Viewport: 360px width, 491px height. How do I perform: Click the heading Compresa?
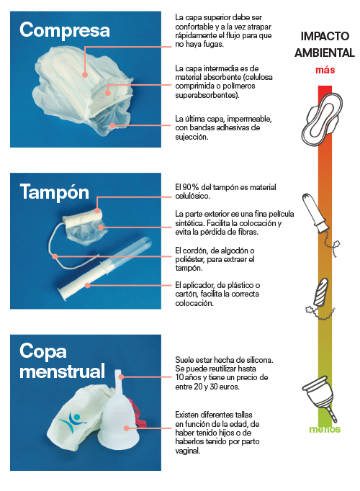[x=65, y=30]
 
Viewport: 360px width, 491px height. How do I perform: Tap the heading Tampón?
[x=54, y=192]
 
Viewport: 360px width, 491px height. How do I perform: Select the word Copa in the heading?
[x=43, y=352]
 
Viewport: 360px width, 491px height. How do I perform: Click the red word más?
[x=325, y=70]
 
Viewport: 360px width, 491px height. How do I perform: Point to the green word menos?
[x=325, y=430]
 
